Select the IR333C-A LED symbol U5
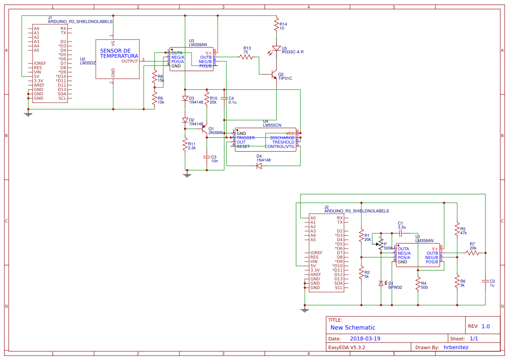click(276, 49)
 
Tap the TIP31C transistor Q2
click(274, 74)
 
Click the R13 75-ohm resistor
click(246, 57)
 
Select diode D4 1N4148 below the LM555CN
click(259, 166)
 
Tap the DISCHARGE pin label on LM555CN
click(282, 138)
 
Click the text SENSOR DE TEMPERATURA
click(118, 54)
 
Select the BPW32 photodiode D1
click(381, 283)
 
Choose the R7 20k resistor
click(472, 252)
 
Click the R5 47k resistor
click(457, 229)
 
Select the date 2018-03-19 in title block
click(365, 339)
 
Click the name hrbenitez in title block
click(456, 347)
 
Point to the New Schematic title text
click(353, 327)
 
